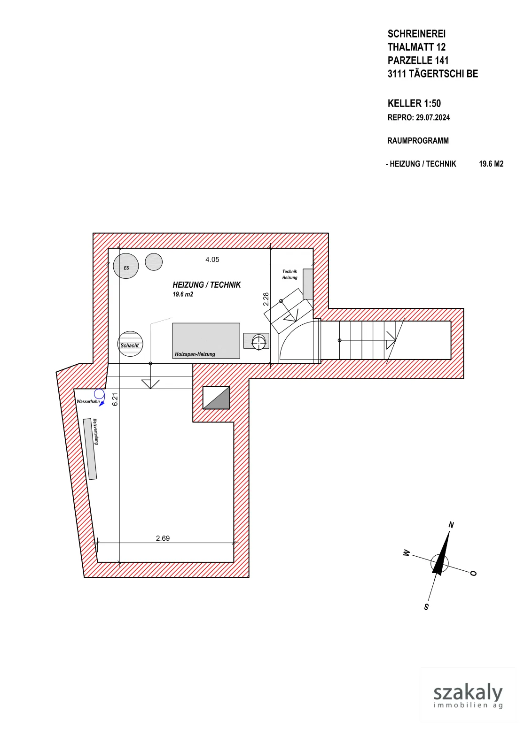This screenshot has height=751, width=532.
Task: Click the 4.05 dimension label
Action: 212,260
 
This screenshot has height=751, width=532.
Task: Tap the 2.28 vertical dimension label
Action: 266,299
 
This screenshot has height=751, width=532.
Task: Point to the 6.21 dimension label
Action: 115,399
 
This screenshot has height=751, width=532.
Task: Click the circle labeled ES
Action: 126,266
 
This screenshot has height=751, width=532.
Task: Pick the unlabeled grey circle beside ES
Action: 154,262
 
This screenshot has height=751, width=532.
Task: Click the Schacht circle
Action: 130,344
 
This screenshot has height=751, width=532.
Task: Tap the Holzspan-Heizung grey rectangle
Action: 206,341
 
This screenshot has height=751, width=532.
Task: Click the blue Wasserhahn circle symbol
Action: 99,394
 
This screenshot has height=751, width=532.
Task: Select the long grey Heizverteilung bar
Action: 90,449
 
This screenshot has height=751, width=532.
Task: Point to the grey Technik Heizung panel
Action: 308,284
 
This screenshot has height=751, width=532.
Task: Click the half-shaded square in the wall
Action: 216,398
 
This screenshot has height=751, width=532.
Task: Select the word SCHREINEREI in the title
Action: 416,34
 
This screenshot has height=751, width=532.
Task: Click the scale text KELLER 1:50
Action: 414,103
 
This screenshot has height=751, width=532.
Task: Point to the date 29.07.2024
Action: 433,117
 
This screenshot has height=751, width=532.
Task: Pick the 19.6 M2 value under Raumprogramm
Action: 491,164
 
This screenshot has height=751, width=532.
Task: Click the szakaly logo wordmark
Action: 468,693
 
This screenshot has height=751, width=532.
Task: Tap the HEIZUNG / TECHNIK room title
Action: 207,284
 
